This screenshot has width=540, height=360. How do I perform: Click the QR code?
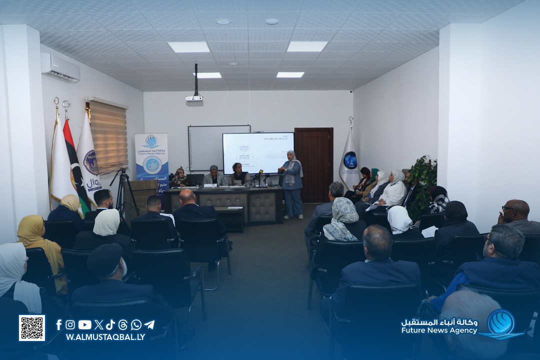point(32,328)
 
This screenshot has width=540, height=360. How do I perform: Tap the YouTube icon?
point(84,325)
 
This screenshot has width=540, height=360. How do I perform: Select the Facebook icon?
point(59,325)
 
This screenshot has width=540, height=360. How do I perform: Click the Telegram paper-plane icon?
point(149,325)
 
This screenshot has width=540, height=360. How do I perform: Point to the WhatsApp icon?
point(136,325)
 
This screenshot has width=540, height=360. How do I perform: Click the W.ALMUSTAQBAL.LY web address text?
point(105,337)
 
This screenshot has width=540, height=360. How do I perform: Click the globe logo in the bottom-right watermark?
point(500,323)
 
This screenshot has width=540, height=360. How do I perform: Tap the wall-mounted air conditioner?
point(60,67)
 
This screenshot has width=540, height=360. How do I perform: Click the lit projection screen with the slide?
point(257,152)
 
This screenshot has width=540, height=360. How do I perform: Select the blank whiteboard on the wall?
point(205,148)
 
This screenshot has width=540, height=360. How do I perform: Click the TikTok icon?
point(110,325)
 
